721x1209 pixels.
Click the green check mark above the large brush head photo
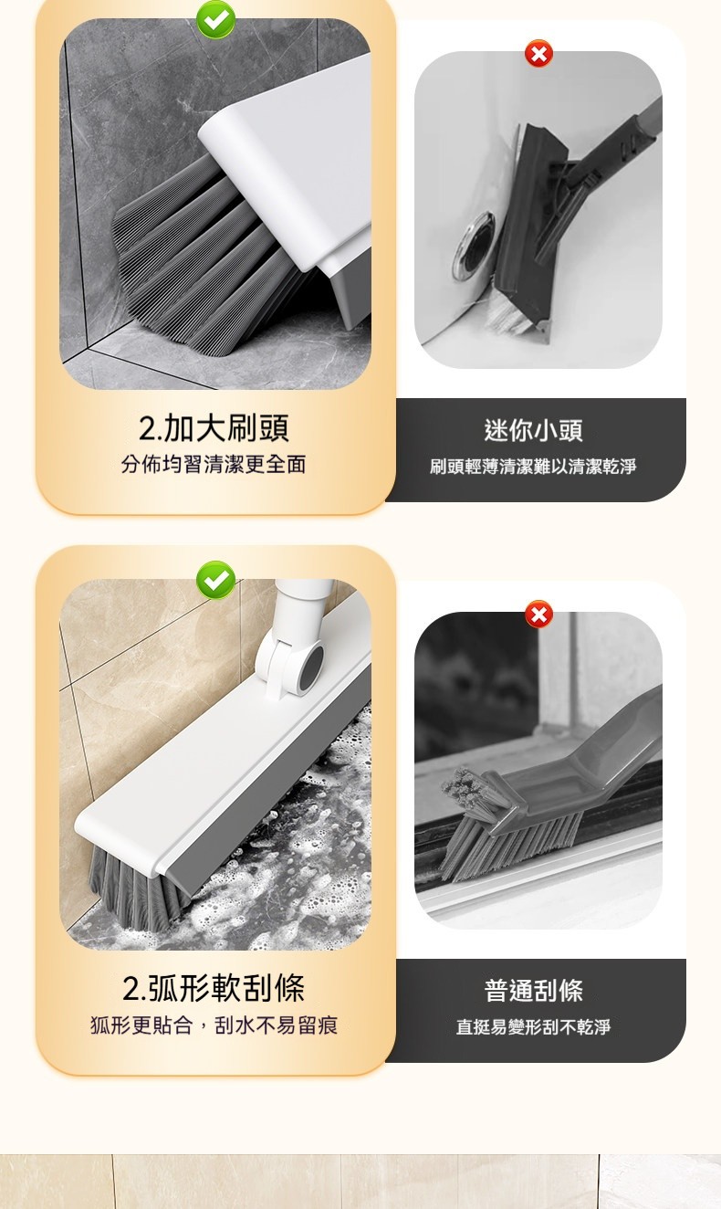click(215, 19)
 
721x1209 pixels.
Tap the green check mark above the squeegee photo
click(215, 580)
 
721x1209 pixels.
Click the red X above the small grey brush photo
click(538, 54)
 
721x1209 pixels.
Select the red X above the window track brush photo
click(538, 615)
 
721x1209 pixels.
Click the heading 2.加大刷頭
click(214, 428)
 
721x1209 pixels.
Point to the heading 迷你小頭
click(533, 431)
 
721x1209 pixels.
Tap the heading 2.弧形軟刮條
click(214, 988)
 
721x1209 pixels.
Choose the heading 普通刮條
click(533, 991)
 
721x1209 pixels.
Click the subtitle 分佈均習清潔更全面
click(214, 464)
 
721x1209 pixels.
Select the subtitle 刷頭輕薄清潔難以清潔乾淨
click(533, 467)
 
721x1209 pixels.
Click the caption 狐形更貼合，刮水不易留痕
click(214, 1025)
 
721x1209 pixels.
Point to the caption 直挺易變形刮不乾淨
click(533, 1026)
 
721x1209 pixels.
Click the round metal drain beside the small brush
click(474, 246)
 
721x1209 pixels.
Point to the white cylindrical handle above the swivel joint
click(304, 604)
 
